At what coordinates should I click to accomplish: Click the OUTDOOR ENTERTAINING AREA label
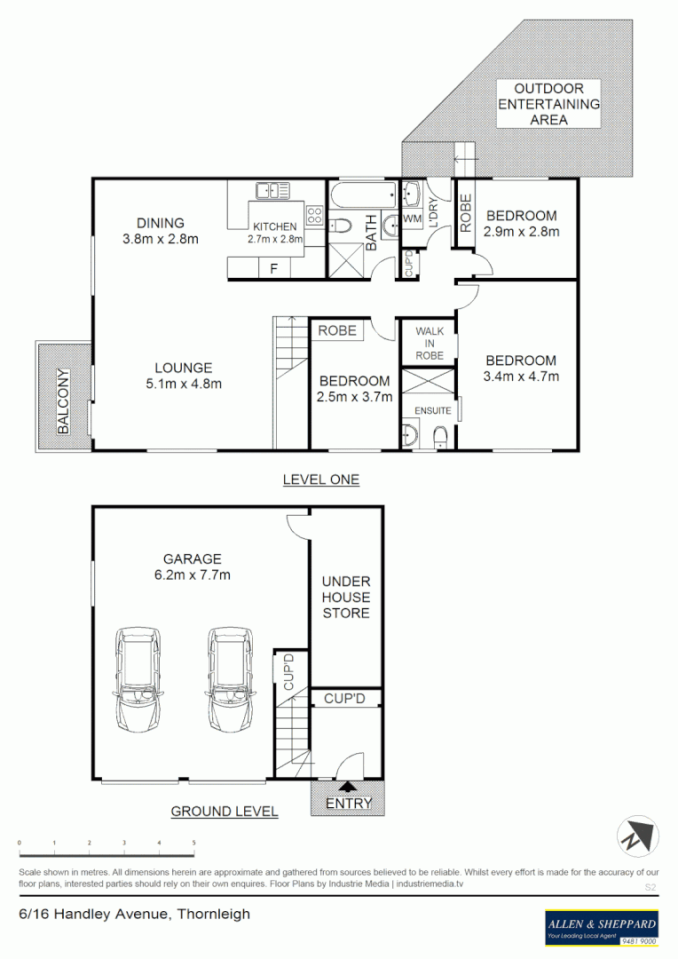pos(549,104)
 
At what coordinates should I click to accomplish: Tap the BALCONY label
pos(63,400)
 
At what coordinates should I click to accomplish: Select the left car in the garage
pos(138,678)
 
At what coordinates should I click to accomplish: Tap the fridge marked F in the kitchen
pos(273,267)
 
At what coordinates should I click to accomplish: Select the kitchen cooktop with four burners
pos(314,215)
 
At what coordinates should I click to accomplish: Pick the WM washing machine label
pos(412,218)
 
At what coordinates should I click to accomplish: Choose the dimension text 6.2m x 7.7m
pos(192,575)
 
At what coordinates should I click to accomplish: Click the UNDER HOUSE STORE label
pos(346,598)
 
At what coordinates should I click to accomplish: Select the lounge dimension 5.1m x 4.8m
pos(183,384)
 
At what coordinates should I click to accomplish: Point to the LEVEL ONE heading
pos(320,479)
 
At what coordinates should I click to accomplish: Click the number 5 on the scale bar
pos(193,842)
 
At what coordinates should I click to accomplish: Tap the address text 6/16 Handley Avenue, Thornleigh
pos(135,914)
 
